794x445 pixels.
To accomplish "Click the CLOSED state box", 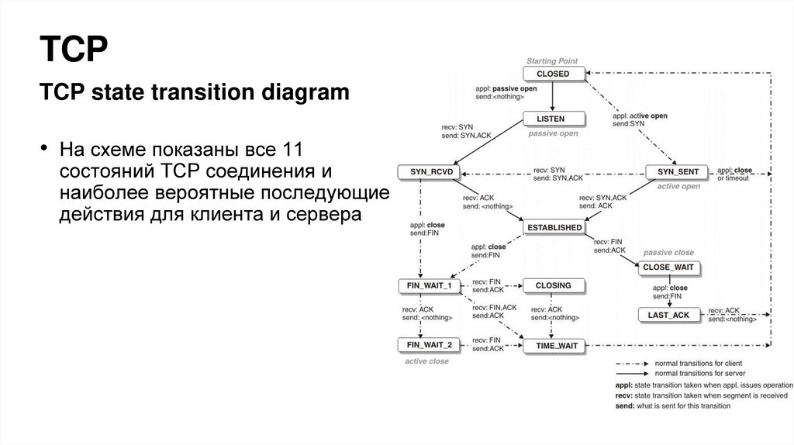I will tap(552, 74).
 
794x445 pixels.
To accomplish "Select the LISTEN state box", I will tap(553, 119).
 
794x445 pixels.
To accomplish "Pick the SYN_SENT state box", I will tap(677, 171).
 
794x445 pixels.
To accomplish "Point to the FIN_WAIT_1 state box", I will tap(429, 285).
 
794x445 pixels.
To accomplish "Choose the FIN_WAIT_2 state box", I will tap(429, 344).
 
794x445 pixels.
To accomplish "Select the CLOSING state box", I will tap(553, 285).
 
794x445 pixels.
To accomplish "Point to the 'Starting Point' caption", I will tap(552, 60).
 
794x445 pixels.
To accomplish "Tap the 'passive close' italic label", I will tap(668, 253).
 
